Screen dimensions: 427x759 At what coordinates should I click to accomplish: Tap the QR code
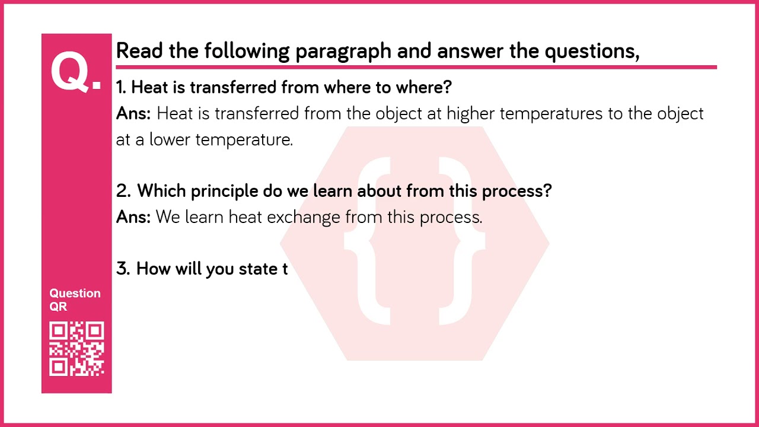coord(76,349)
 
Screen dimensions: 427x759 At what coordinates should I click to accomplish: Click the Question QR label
coord(75,299)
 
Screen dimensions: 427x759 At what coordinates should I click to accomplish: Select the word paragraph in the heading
coord(343,52)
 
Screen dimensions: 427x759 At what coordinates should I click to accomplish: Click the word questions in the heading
coord(591,52)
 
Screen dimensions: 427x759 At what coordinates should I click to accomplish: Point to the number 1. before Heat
coord(121,88)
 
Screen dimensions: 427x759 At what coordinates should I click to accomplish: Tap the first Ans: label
coord(133,113)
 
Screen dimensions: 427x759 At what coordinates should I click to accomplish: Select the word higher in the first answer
coord(471,113)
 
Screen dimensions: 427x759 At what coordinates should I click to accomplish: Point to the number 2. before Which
coord(123,191)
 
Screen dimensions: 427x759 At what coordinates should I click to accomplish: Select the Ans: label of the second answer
coord(133,217)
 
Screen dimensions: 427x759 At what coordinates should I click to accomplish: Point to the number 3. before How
coord(123,269)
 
